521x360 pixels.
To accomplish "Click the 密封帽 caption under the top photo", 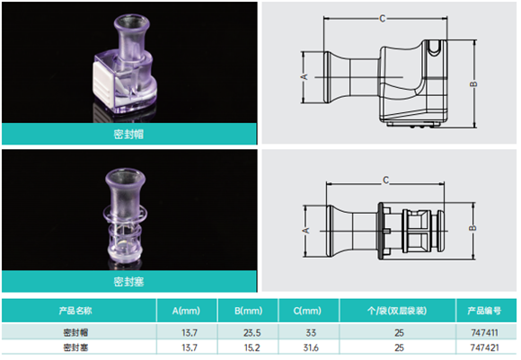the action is (128, 134).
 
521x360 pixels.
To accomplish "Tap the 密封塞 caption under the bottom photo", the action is (128, 282).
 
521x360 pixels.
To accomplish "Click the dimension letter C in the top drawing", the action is (383, 19).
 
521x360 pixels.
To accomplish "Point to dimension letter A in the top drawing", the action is (305, 76).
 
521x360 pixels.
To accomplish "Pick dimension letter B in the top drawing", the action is (473, 84).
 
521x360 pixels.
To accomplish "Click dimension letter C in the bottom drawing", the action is (385, 180).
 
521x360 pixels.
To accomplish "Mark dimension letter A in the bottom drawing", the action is (305, 230).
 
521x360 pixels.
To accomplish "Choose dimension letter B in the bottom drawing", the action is (472, 228).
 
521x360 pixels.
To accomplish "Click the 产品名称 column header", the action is (75, 311).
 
